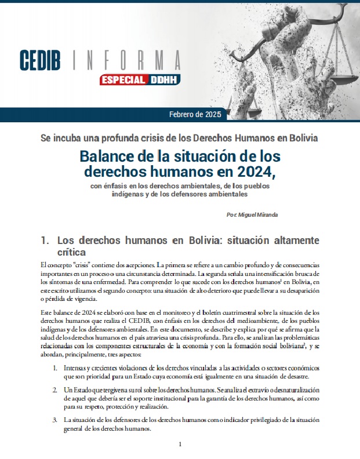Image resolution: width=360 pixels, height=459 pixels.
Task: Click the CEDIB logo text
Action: tap(45, 60)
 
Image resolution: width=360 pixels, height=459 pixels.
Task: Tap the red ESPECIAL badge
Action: tap(123, 79)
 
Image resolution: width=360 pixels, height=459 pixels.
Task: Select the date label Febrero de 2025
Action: tap(195, 114)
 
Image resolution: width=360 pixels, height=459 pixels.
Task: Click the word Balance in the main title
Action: tap(106, 156)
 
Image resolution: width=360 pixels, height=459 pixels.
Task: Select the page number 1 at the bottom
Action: tap(180, 445)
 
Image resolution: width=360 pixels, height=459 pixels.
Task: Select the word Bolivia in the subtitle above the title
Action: tap(301, 139)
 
